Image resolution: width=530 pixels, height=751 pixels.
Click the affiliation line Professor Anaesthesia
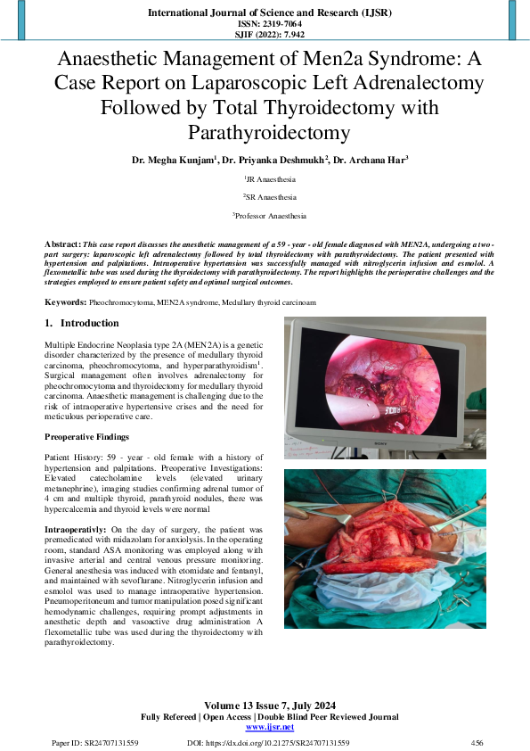click(269, 215)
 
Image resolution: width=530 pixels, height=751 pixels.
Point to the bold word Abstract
click(61, 243)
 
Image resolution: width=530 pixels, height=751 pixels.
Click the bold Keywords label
click(65, 303)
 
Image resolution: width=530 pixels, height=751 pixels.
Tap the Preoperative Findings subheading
click(87, 436)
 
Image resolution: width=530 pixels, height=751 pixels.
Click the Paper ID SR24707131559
click(94, 742)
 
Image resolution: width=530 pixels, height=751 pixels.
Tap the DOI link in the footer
click(268, 742)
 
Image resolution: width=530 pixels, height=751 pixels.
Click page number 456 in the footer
click(477, 742)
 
